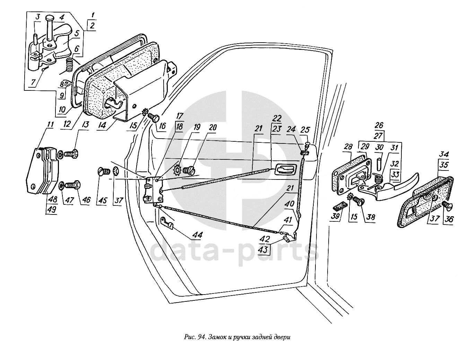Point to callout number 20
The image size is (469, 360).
pyautogui.click(x=212, y=128)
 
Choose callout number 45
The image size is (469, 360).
pyautogui.click(x=103, y=200)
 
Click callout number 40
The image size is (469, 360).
pyautogui.click(x=290, y=204)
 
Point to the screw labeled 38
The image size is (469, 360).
pyautogui.click(x=359, y=200)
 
